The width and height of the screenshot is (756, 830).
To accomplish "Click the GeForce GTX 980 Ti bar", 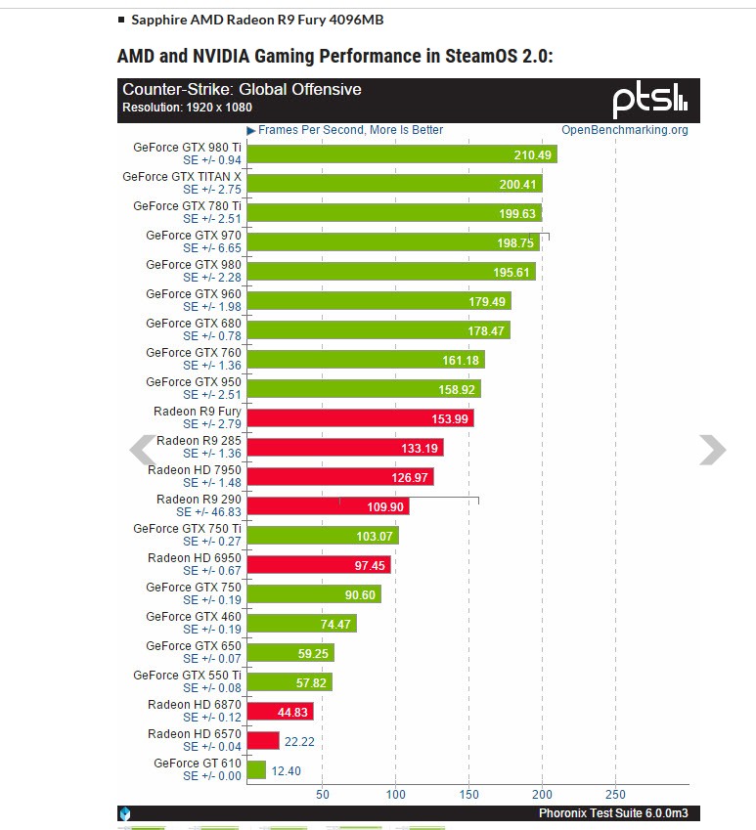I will click(x=401, y=153).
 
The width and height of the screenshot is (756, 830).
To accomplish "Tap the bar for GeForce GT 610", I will click(x=256, y=770).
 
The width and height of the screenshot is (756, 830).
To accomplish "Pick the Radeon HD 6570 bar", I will click(x=263, y=741).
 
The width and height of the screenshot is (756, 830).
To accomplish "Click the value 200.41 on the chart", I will click(x=518, y=184).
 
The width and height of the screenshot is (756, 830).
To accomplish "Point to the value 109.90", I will click(x=385, y=506).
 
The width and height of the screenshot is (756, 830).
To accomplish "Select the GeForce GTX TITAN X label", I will click(x=182, y=177).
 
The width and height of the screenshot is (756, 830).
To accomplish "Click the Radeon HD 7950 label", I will click(x=195, y=470).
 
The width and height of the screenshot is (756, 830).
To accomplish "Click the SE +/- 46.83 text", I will click(x=208, y=511).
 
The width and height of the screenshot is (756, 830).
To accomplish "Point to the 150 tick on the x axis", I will click(x=469, y=794).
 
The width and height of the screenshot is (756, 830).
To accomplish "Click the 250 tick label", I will click(x=615, y=794).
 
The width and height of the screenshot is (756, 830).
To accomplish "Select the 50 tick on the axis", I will click(x=323, y=794).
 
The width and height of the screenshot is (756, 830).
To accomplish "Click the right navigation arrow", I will click(x=712, y=450).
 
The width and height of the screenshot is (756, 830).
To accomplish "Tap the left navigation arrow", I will click(x=143, y=450).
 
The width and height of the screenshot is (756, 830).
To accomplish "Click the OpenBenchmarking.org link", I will click(x=624, y=130).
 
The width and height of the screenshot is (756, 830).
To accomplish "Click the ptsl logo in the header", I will click(x=650, y=100).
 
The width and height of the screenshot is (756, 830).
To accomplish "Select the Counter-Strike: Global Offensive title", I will click(x=242, y=90).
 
